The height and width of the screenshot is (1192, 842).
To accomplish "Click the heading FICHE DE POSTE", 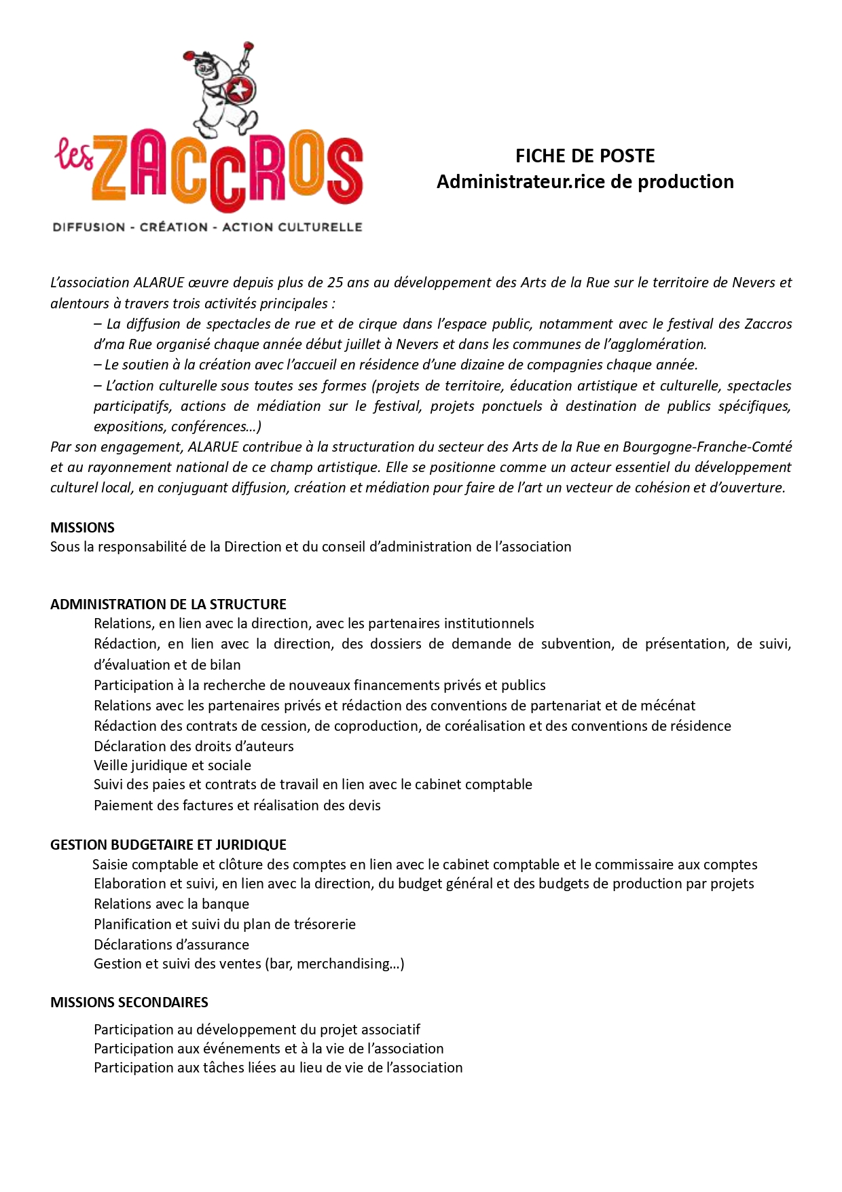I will (585, 156).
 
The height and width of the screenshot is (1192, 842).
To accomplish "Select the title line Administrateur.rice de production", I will (585, 182).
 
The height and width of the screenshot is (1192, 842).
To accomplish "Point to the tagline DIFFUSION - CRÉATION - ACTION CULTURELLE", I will (207, 228).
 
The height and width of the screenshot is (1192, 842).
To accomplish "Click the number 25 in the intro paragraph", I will (335, 283).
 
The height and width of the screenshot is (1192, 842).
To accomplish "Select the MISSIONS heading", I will (82, 528).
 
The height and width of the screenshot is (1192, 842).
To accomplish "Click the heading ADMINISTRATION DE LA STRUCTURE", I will (168, 604).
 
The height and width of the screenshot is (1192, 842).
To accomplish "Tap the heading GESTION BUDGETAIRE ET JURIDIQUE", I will (168, 845).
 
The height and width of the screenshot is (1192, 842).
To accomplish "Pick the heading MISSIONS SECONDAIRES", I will (129, 1003).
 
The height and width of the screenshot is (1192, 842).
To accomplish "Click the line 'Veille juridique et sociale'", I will (172, 765).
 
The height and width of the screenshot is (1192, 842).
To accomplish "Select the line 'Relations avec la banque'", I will (171, 904).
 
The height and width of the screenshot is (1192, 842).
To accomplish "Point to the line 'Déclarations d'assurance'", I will (171, 945).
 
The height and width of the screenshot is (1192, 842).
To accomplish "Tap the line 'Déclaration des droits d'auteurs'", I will (194, 746).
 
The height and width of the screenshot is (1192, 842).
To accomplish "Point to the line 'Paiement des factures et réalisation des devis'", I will (237, 806).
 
